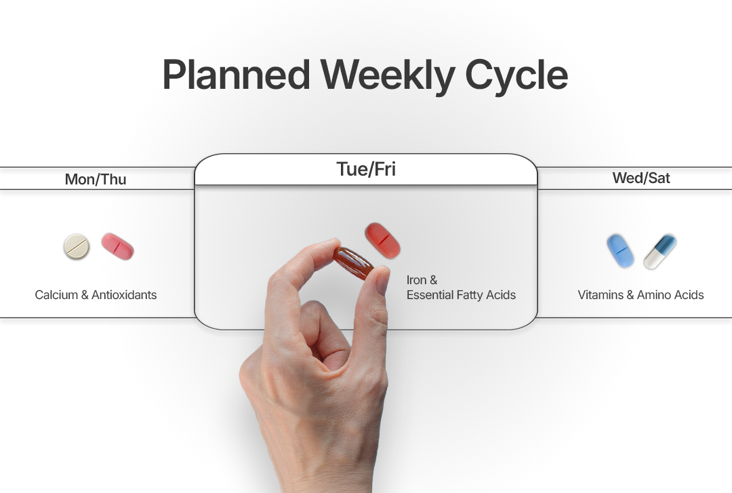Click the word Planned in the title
coord(237,75)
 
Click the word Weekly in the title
coord(388,76)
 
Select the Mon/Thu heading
coord(96,179)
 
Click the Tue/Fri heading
coord(366,169)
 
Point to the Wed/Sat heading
coord(641,178)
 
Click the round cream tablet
coord(77,246)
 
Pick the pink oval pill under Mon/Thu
coord(118,246)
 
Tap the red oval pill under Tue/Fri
coord(383,241)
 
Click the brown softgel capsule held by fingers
coord(353,263)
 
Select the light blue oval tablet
coord(620,251)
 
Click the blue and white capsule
coord(660,252)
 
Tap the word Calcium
coord(56,295)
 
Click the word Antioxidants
coord(124,295)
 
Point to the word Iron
coord(416,280)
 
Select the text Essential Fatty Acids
coord(462,295)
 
